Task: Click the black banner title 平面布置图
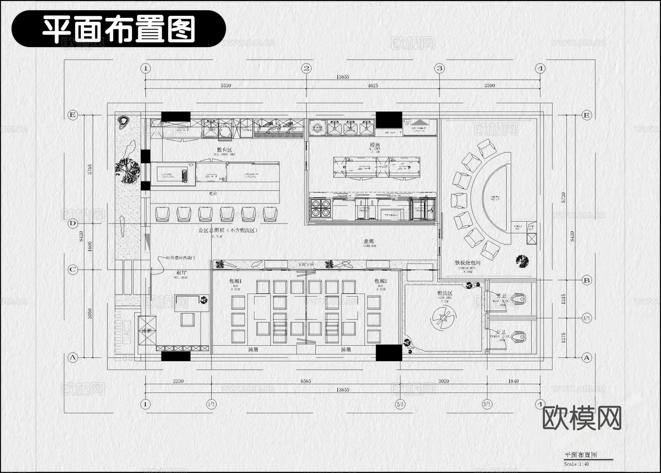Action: coord(118,29)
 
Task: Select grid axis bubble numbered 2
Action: coord(306,68)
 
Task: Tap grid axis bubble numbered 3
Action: coord(439,68)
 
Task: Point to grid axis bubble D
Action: coord(73,223)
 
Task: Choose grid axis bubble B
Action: coord(587,280)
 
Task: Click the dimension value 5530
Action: coord(225,85)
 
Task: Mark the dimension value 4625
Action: coord(372,85)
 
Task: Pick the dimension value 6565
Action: coord(306,381)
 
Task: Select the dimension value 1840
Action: coord(513,381)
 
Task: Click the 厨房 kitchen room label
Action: coord(375,145)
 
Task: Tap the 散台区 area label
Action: coord(224,150)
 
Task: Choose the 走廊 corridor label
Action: coord(369,241)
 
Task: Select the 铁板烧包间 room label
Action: coord(467,263)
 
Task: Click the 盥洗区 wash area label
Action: coord(444,293)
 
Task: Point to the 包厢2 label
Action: coord(380,281)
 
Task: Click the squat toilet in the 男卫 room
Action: coord(519,299)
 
